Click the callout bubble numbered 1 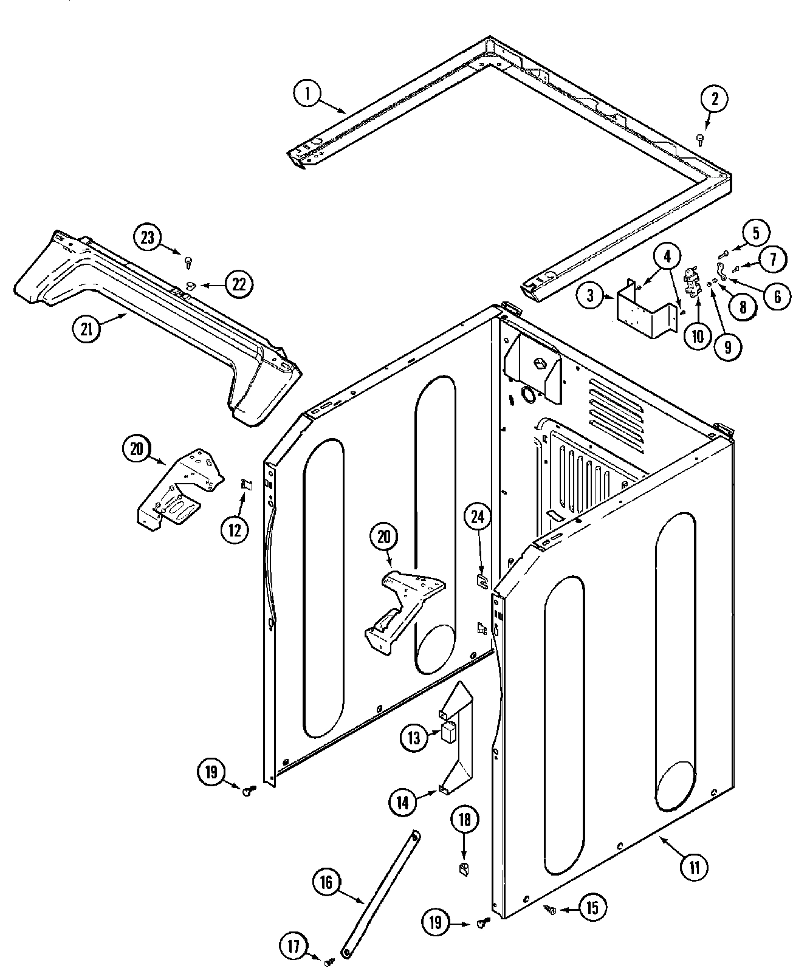(x=307, y=94)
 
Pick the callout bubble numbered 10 (x=697, y=335)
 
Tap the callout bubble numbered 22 (x=239, y=284)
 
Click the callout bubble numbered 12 (x=235, y=529)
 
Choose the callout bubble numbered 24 (x=478, y=517)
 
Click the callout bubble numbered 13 (x=414, y=738)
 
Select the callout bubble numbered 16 (x=327, y=882)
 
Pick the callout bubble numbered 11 (x=695, y=867)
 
